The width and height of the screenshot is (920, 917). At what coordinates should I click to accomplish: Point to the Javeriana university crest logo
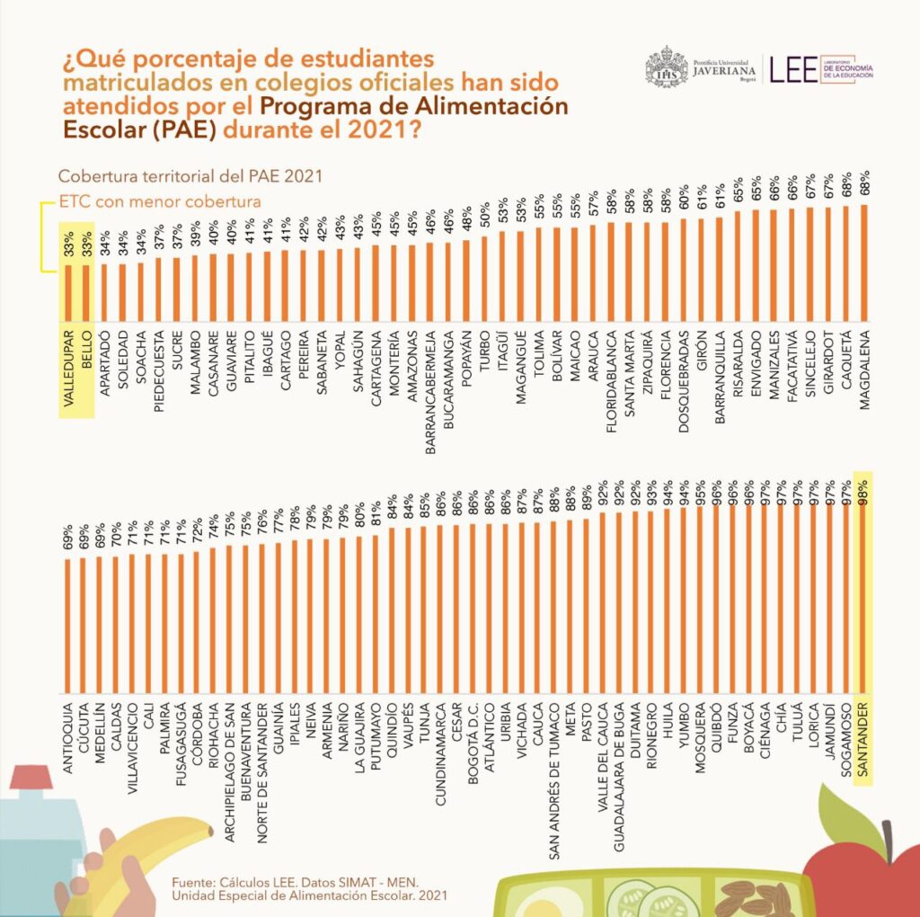666,68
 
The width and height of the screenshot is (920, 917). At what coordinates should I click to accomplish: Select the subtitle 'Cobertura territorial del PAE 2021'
190,175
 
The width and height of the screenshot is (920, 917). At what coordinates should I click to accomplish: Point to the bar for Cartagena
376,283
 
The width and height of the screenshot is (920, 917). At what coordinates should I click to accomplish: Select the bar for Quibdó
718,602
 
